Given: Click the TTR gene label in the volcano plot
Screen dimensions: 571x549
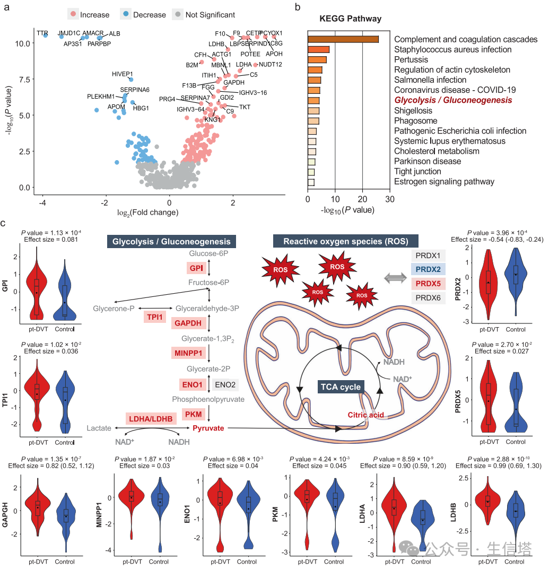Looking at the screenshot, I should pos(42,33).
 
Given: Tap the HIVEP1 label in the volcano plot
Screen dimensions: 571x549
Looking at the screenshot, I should pos(123,74).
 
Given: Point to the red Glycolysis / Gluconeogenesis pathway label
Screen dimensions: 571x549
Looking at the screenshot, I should pos(453,100).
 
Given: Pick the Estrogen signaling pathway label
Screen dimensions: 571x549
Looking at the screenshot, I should pos(444,181).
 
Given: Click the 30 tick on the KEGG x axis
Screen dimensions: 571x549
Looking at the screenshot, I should pos(390,199).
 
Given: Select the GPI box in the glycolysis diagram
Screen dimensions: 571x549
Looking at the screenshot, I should pos(196,268).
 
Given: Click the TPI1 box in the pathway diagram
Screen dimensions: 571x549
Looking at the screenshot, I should pos(155,317).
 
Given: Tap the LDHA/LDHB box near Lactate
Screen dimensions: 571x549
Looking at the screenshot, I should pos(150,418).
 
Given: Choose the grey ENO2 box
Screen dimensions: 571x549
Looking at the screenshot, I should pos(225,384).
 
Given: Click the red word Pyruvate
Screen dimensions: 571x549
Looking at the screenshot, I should pos(208,428).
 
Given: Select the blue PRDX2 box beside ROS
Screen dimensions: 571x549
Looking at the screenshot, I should pos(428,269).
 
